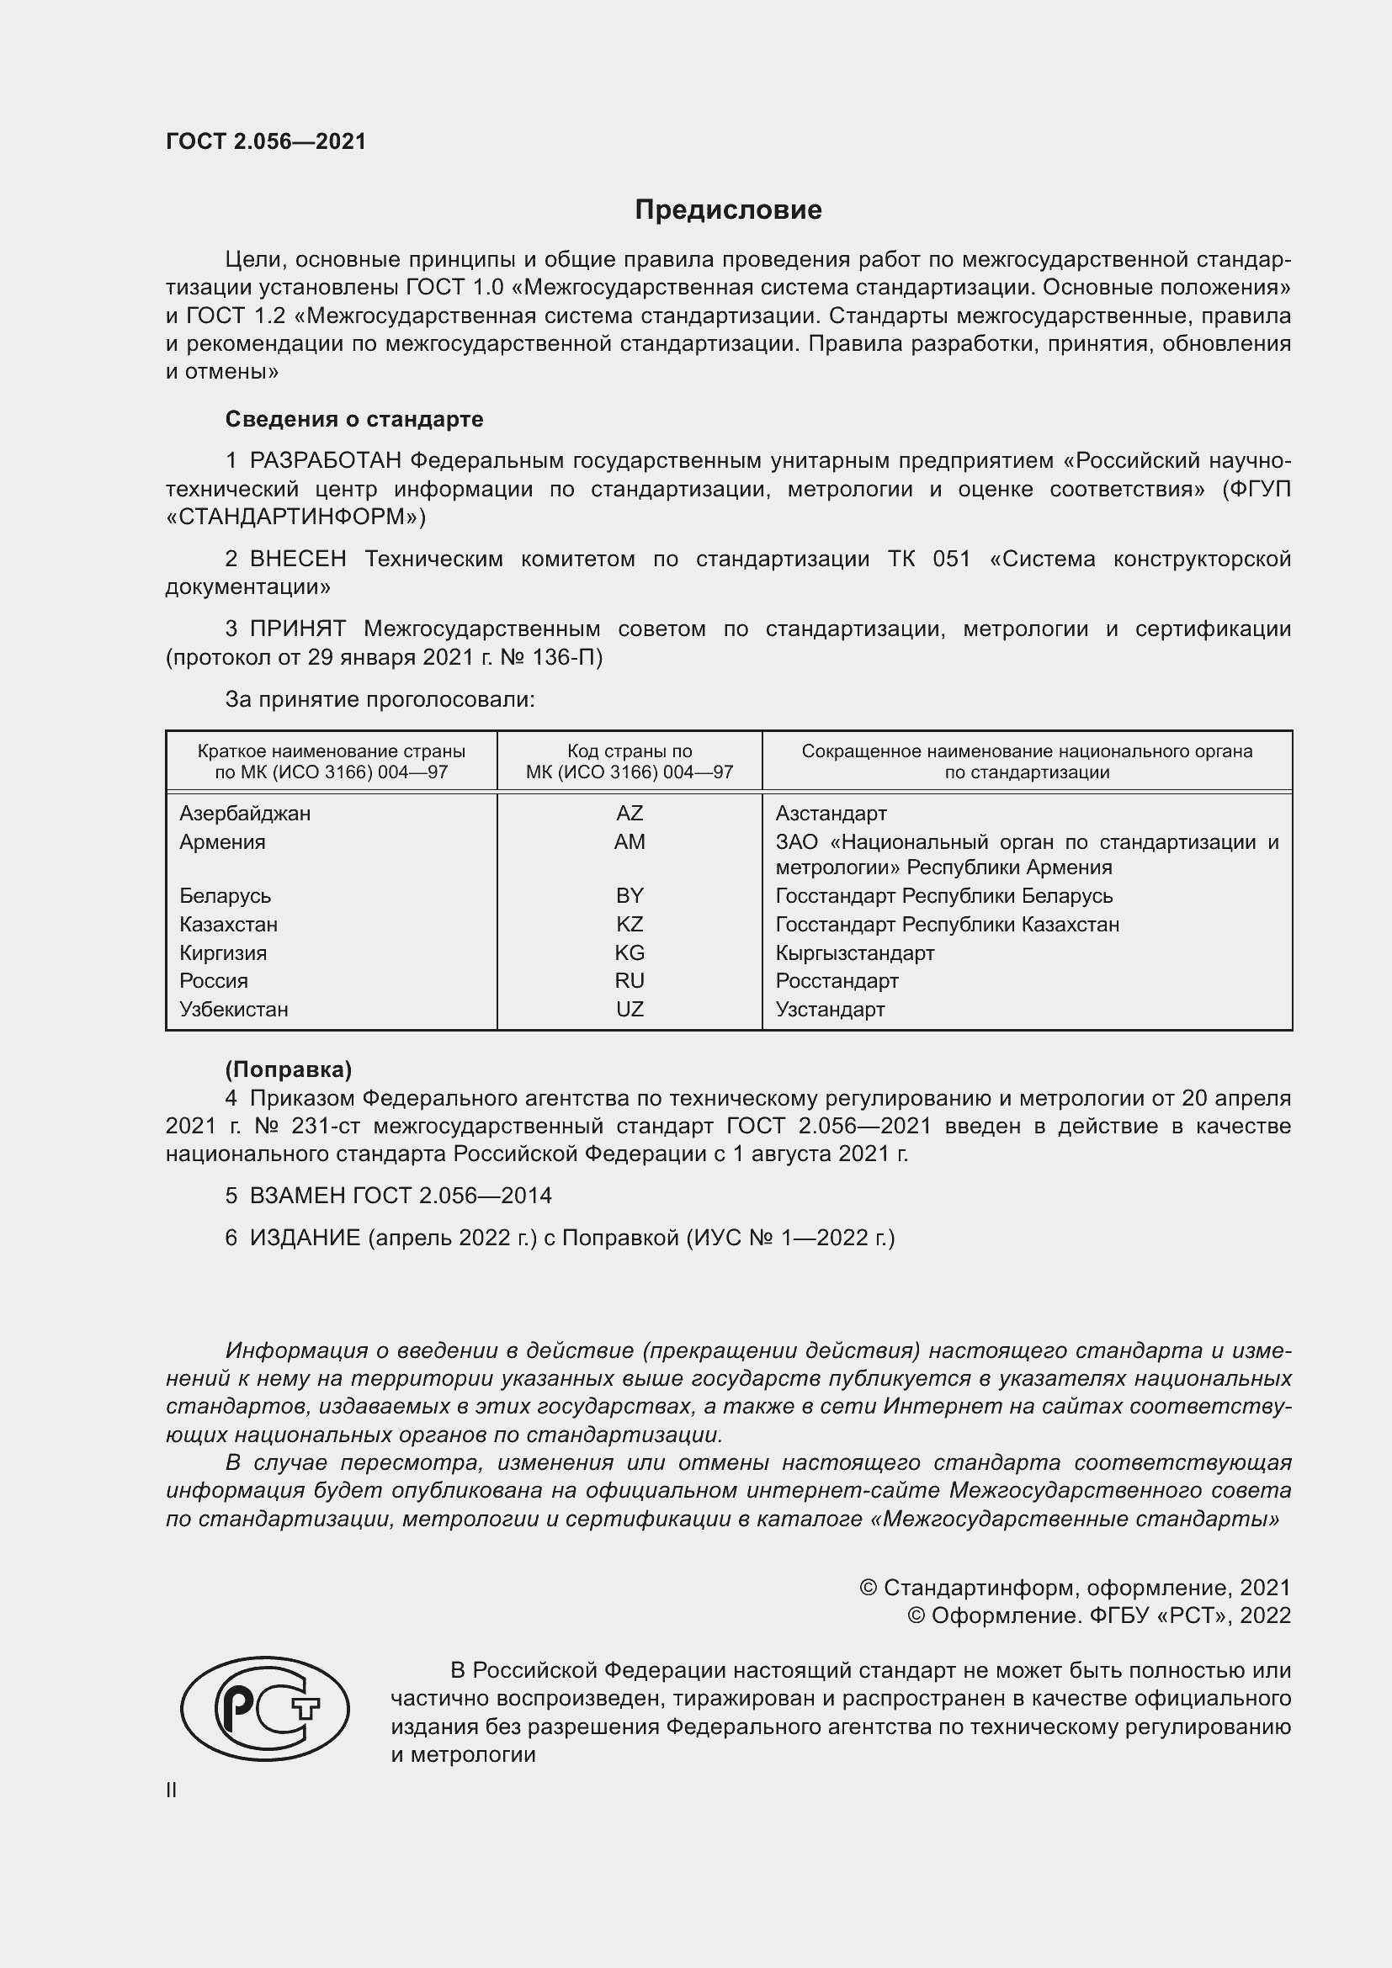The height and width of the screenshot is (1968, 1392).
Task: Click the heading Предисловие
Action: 728,210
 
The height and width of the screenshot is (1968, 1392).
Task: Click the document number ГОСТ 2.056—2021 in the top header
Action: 266,141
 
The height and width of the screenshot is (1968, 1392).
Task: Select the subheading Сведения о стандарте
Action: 354,419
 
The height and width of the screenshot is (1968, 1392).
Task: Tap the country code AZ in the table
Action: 630,814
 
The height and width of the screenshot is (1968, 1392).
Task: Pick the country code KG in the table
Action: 630,953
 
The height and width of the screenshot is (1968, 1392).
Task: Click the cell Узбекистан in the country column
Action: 234,1010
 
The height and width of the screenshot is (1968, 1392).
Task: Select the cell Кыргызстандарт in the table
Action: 854,953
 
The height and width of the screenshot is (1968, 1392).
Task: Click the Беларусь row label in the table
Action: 226,896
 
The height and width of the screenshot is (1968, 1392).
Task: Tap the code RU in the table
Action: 630,980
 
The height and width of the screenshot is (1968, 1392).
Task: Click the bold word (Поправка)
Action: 288,1069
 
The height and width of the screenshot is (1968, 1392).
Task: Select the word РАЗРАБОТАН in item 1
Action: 326,461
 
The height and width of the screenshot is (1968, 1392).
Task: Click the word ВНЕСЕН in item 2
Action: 297,559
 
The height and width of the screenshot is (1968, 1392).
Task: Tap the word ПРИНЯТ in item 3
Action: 297,629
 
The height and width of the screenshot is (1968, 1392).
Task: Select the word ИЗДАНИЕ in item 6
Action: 305,1238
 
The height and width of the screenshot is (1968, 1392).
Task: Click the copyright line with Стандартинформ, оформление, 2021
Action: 1075,1589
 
